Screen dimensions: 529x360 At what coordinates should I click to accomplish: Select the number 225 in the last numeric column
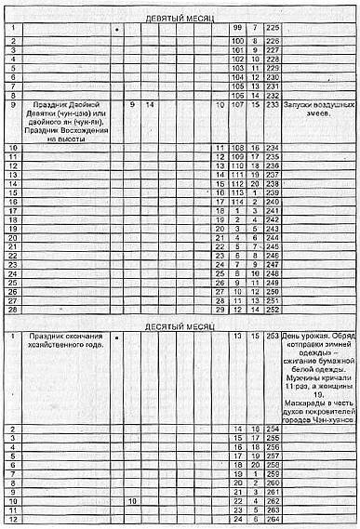pos(272,29)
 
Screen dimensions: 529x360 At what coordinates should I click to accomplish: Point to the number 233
pos(272,105)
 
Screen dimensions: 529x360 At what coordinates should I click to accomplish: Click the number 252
pos(272,308)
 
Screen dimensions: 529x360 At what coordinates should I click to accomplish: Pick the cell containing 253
pos(272,336)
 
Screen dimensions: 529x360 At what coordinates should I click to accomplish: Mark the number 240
pos(272,200)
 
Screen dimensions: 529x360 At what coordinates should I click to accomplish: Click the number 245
pos(272,245)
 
